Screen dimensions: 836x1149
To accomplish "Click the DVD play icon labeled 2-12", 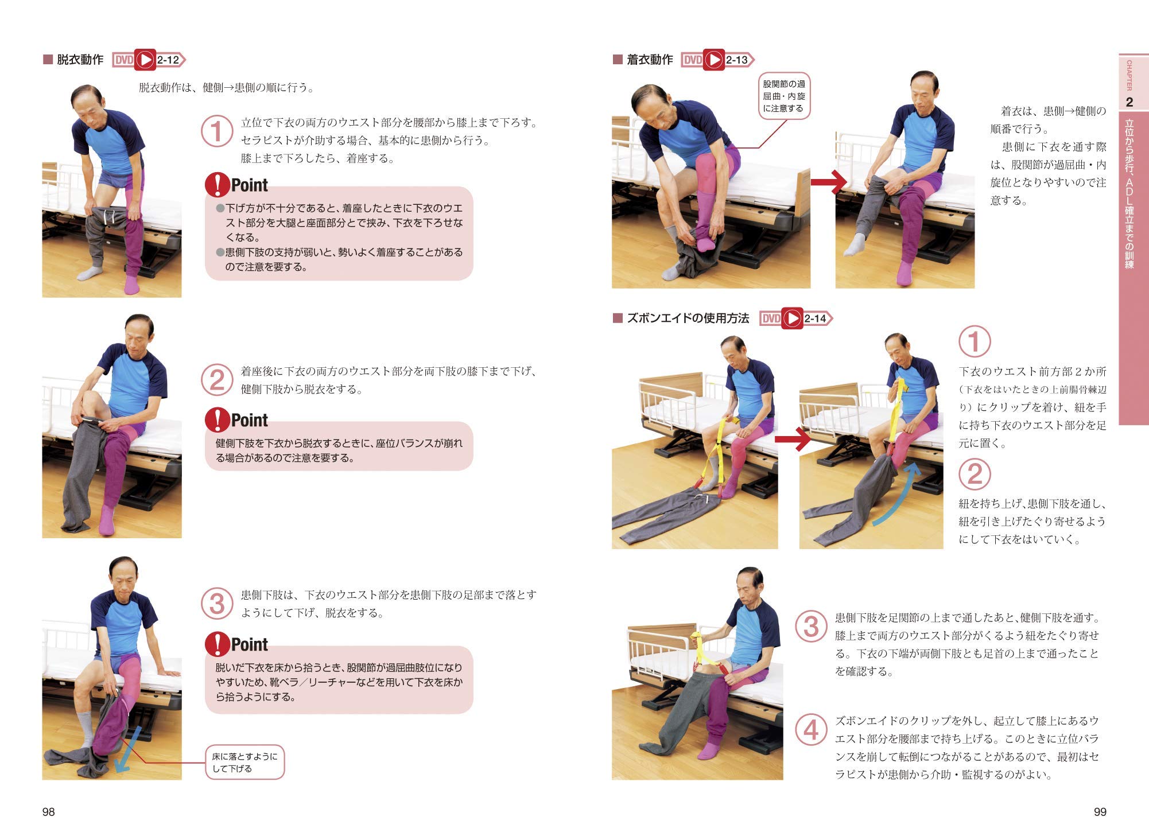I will point(145,60).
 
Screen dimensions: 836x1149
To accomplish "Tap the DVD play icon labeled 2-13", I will point(714,60).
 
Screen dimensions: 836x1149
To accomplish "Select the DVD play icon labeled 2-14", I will point(792,318).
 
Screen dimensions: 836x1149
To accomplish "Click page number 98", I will point(48,811).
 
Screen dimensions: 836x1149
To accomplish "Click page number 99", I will point(1100,811).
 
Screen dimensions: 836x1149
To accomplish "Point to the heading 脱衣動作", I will point(80,60).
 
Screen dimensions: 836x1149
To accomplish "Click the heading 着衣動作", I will point(649,60).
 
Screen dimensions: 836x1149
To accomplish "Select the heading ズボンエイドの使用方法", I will point(688,318).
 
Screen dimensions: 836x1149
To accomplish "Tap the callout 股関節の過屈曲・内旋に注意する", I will point(783,96).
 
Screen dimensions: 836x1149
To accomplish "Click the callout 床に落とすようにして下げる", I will point(244,763).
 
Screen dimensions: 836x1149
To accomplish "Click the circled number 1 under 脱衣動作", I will point(216,131).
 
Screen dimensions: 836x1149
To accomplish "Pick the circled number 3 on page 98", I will point(216,604).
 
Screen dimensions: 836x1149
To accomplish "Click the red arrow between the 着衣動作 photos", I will point(828,182).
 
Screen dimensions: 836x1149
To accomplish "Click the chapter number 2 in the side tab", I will point(1129,102).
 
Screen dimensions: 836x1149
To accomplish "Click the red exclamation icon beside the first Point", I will point(217,185).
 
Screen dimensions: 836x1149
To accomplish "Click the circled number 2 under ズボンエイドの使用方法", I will point(974,474).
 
